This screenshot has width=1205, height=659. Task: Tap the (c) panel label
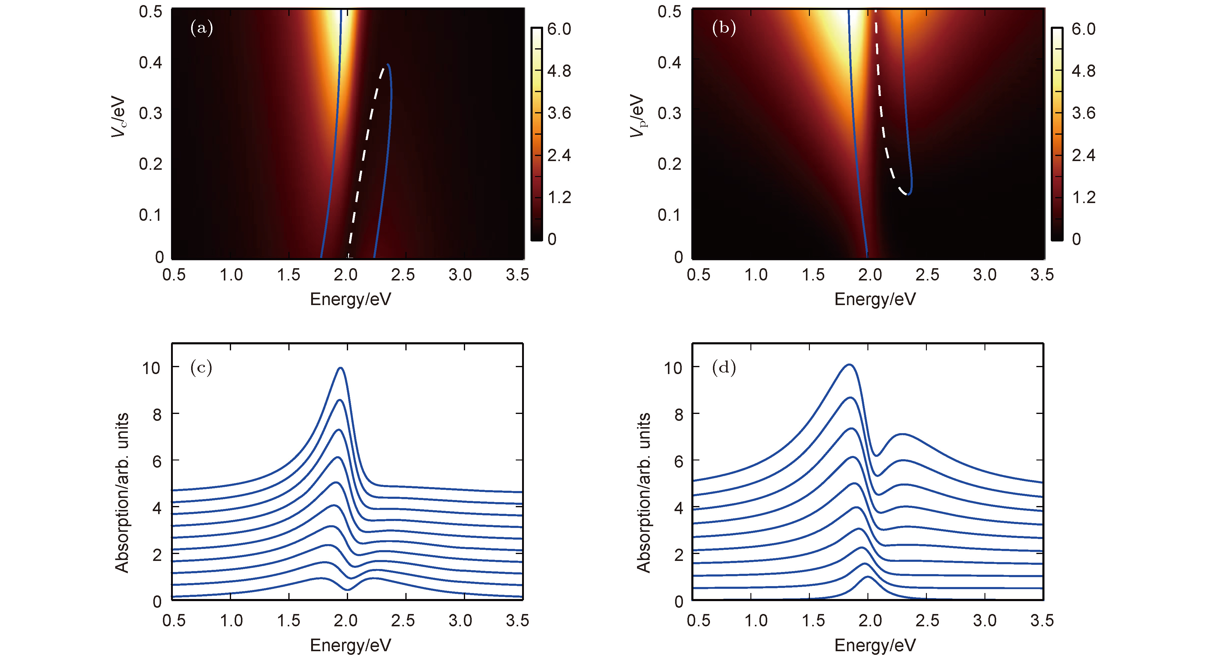pos(201,368)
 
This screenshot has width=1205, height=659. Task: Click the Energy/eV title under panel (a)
pos(350,299)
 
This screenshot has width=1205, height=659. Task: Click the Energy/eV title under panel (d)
pos(875,646)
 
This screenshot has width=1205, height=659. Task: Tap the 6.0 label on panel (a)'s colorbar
pos(559,29)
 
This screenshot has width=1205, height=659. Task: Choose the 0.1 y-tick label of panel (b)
pos(669,215)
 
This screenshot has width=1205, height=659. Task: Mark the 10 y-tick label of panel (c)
pos(151,368)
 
